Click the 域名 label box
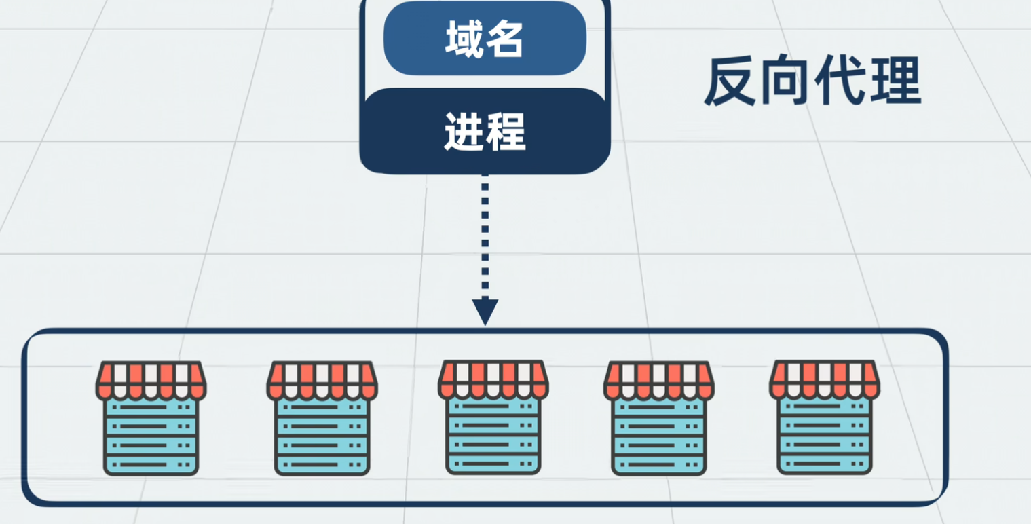(485, 39)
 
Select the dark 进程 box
(485, 132)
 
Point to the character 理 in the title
(895, 81)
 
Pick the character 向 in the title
(785, 83)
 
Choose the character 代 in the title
(840, 81)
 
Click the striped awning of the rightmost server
(824, 379)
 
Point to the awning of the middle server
(493, 379)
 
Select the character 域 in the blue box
(464, 39)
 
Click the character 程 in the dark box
(506, 132)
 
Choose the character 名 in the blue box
(505, 39)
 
